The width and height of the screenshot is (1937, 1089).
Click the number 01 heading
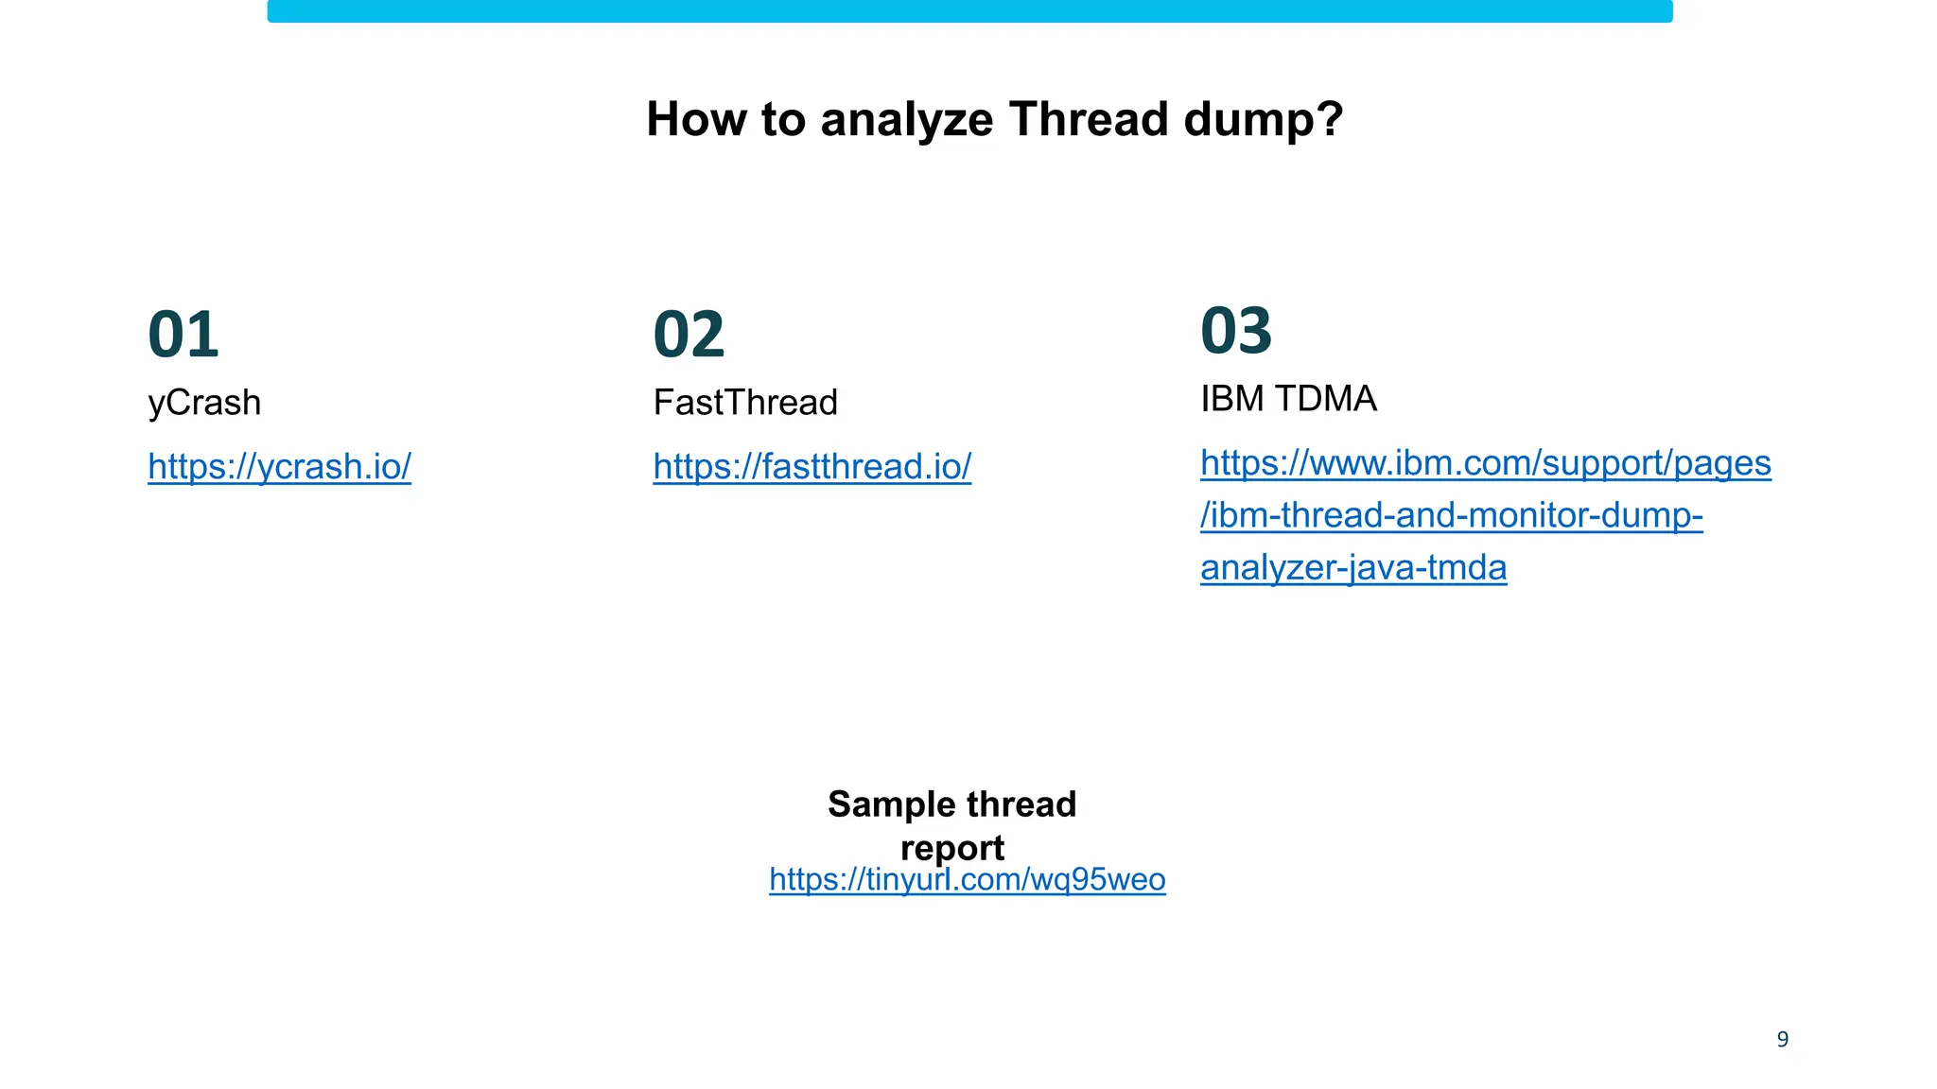[x=183, y=335]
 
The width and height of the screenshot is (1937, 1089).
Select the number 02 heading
[x=689, y=335]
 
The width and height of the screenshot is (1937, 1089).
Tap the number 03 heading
[x=1236, y=331]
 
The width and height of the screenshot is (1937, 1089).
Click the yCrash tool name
[x=204, y=403]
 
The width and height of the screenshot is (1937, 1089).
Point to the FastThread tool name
[x=745, y=403]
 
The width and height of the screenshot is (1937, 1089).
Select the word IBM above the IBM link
[x=1231, y=399]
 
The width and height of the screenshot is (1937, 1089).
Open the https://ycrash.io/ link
[x=279, y=466]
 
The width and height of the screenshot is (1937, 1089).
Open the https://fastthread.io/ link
[x=811, y=466]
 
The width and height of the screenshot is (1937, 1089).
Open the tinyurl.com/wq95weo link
[x=967, y=880]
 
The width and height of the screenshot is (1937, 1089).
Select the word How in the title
[x=691, y=120]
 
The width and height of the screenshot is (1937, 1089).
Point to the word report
[x=952, y=848]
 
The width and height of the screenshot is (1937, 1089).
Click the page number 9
[x=1783, y=1040]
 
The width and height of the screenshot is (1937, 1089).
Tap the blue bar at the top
[x=969, y=11]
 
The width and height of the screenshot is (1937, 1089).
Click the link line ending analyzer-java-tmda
[x=1353, y=568]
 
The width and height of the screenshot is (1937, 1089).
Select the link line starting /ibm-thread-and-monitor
[x=1451, y=515]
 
